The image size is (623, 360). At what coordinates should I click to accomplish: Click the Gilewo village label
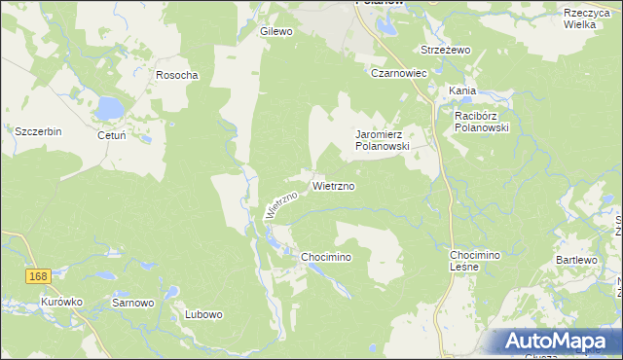[x=276, y=31]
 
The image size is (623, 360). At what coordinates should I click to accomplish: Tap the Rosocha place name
[x=177, y=75]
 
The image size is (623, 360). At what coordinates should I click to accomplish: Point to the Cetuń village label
[x=112, y=135]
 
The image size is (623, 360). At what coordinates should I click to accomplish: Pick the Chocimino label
[x=325, y=256]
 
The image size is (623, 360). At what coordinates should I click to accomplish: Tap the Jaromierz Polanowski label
[x=383, y=139]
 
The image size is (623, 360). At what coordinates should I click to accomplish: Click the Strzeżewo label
[x=445, y=50]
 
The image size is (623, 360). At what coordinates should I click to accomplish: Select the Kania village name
[x=462, y=90]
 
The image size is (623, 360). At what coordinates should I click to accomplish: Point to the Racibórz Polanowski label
[x=483, y=122]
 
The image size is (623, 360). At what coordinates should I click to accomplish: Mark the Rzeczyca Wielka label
[x=587, y=18]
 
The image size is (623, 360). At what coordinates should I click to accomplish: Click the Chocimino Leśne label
[x=474, y=260]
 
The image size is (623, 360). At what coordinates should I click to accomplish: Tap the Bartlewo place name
[x=575, y=260]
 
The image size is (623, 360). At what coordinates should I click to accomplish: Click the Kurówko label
[x=61, y=302]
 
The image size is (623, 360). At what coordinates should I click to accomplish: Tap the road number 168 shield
[x=38, y=277]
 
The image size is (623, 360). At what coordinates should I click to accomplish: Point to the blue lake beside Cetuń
[x=106, y=108]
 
